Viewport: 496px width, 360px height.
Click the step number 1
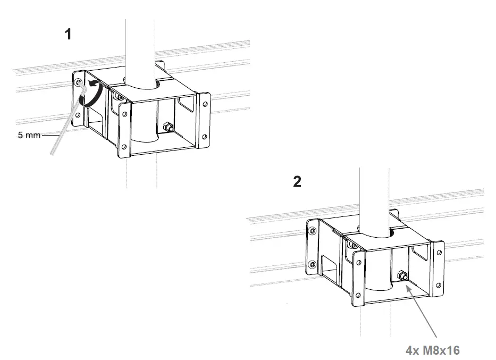[x=68, y=35]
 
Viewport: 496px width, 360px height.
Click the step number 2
[x=297, y=182]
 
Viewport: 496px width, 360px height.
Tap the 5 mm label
[x=29, y=136]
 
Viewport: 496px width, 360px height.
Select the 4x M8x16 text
[x=432, y=350]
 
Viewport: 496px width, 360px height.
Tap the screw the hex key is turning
[x=79, y=83]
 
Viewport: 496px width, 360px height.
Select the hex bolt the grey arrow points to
[x=402, y=275]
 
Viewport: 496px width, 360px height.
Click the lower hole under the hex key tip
[x=78, y=114]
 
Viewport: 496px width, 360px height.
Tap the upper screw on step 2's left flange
[x=312, y=230]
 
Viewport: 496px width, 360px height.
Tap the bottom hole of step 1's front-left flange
[x=124, y=147]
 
